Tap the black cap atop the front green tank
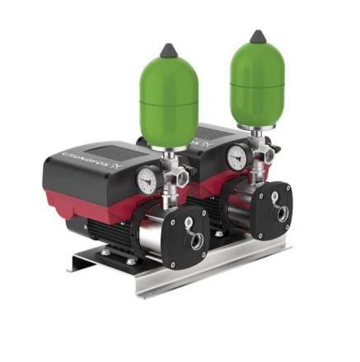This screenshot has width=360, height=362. coord(169,50)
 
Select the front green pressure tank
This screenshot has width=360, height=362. coord(169,100)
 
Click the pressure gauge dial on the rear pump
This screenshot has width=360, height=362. coord(237,155)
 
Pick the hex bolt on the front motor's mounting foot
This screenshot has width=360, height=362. coord(131,262)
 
